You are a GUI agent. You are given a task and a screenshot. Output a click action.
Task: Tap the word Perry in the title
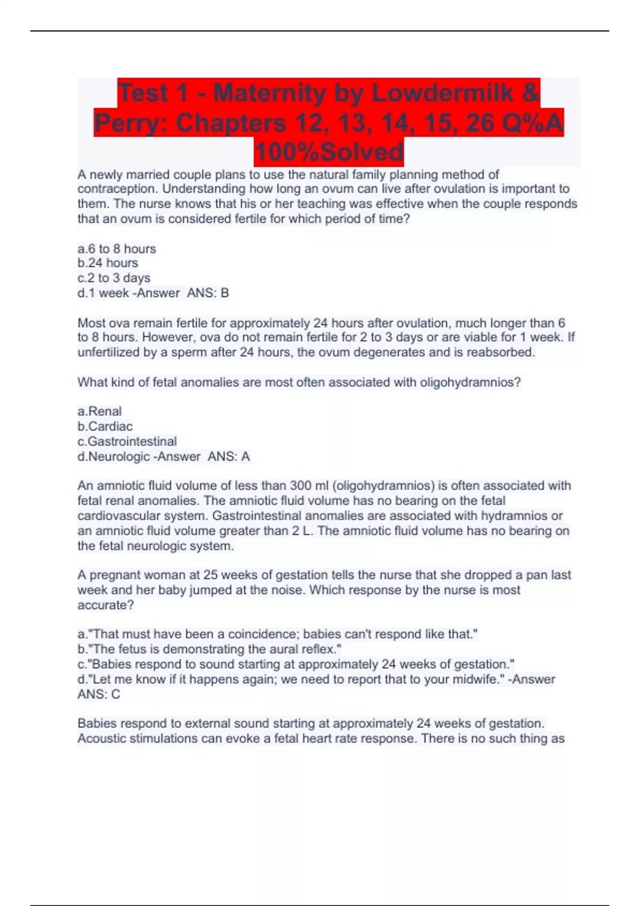point(131,123)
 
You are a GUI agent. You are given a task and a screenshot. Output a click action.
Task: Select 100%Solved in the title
point(329,152)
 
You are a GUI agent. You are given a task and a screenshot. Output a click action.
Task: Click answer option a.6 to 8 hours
point(117,249)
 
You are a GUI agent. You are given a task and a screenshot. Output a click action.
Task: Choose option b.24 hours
point(108,263)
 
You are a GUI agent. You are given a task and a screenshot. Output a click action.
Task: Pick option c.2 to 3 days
point(114,278)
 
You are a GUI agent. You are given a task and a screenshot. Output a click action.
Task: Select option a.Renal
point(100,411)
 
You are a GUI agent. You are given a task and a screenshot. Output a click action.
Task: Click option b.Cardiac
point(105,426)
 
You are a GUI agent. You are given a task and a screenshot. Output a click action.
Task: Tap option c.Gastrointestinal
point(127,441)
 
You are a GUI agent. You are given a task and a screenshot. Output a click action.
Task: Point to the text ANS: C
point(99,694)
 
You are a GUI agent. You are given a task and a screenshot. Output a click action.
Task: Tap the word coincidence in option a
point(264,634)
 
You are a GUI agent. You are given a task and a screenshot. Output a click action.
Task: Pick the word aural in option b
point(279,649)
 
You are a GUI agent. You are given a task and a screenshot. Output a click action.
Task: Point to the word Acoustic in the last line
point(101,739)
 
